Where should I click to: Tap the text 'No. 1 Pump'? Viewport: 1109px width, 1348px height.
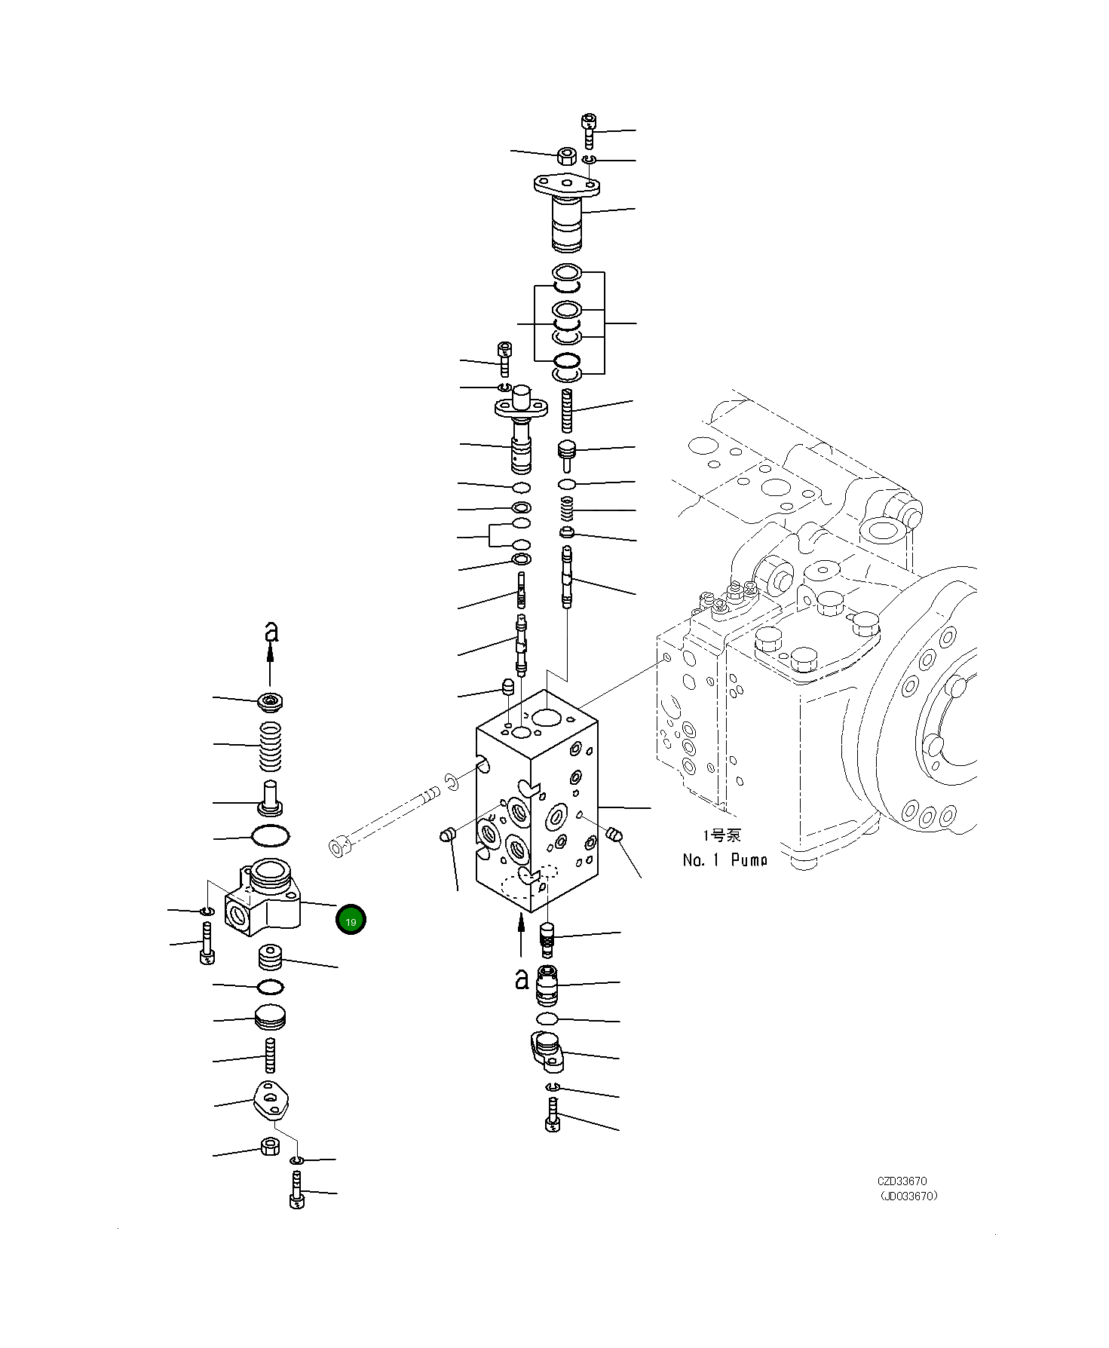tap(724, 859)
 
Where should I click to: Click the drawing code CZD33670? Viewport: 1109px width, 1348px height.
tap(902, 1181)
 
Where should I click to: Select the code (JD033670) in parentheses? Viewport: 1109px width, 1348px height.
tap(908, 1196)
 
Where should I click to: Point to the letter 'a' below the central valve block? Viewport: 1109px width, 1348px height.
tap(522, 979)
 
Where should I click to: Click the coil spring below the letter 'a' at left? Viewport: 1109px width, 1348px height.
tap(271, 746)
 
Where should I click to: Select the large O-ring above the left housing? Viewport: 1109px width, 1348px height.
tap(270, 836)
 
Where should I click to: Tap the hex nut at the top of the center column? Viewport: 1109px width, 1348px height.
tap(566, 157)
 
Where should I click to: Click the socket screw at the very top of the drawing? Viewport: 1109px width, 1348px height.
tap(590, 130)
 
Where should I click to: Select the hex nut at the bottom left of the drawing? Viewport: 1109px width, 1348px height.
tap(270, 1147)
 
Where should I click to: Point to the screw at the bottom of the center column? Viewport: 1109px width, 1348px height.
tap(552, 1114)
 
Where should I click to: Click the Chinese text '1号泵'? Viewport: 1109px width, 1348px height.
tap(721, 835)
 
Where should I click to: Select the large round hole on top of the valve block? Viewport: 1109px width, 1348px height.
tap(547, 716)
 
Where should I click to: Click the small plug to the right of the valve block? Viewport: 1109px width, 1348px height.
tap(614, 834)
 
